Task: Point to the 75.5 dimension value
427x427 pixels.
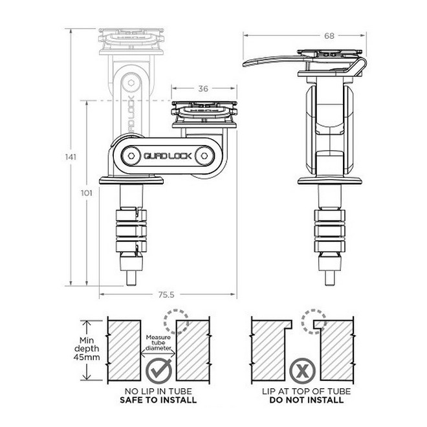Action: [x=168, y=294]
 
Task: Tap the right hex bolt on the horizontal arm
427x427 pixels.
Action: [x=206, y=156]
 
